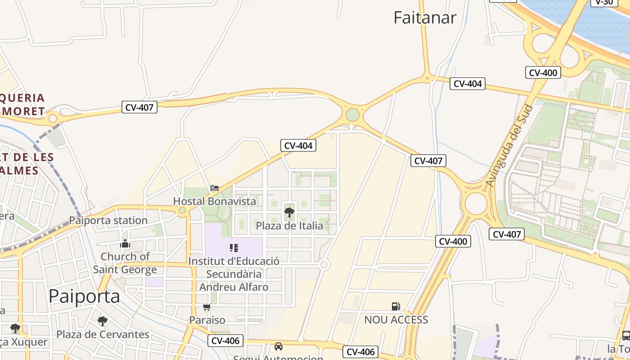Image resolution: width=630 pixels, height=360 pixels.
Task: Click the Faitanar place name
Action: pyautogui.click(x=425, y=18)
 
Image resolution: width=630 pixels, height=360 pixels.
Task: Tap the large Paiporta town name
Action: pyautogui.click(x=84, y=296)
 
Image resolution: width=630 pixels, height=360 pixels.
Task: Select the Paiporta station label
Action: pyautogui.click(x=108, y=220)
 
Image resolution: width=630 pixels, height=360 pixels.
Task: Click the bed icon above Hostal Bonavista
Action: pyautogui.click(x=215, y=188)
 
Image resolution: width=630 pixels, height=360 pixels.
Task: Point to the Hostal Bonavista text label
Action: pyautogui.click(x=215, y=201)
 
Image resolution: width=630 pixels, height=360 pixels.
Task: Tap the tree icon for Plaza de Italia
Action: pyautogui.click(x=289, y=212)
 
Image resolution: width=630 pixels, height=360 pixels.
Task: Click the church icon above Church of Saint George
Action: pyautogui.click(x=125, y=244)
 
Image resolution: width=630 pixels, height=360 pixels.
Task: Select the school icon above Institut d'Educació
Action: pyautogui.click(x=234, y=248)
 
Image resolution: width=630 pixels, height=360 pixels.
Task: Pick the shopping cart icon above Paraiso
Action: pyautogui.click(x=207, y=307)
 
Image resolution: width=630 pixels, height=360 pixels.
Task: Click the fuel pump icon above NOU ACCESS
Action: pyautogui.click(x=396, y=307)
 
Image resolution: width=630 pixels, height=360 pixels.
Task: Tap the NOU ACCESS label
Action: pyautogui.click(x=396, y=320)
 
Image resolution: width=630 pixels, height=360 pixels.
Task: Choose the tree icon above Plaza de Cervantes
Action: pyautogui.click(x=103, y=321)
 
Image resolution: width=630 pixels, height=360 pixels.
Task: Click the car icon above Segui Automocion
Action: pyautogui.click(x=279, y=346)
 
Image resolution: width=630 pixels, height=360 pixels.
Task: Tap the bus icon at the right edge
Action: pyautogui.click(x=625, y=335)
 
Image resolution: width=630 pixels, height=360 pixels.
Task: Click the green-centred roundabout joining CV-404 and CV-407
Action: pyautogui.click(x=353, y=115)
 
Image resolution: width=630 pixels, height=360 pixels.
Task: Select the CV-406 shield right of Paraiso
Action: pyautogui.click(x=225, y=341)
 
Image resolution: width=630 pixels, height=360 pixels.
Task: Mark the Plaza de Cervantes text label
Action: pyautogui.click(x=103, y=334)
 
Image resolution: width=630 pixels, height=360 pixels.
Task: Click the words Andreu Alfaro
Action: pyautogui.click(x=234, y=287)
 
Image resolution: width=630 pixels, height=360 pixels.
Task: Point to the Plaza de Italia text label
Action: pyautogui.click(x=289, y=225)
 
